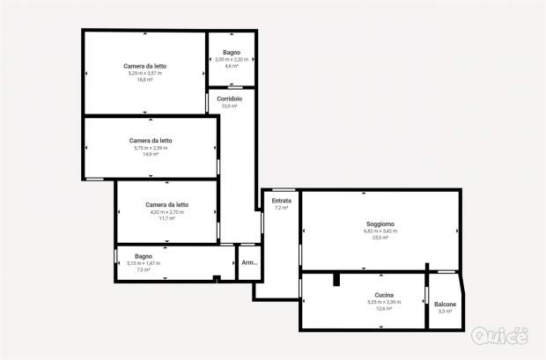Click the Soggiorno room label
coord(380,224)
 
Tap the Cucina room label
coord(384,295)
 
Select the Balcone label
coord(445,305)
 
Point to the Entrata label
coord(282,201)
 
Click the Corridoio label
coord(230,99)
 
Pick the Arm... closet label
coord(250,263)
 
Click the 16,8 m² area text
coord(145,79)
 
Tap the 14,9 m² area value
coord(151,154)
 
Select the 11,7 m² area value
coord(166,218)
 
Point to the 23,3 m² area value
coord(380,238)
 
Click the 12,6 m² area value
coord(384,309)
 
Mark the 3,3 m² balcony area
coord(445,312)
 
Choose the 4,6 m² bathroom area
coord(232,66)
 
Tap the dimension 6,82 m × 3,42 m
coord(380,231)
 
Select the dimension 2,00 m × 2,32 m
coord(232,59)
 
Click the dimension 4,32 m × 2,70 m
coord(166,212)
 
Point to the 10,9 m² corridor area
coord(230,106)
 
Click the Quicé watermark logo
coord(500,336)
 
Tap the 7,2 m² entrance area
coord(282,208)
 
